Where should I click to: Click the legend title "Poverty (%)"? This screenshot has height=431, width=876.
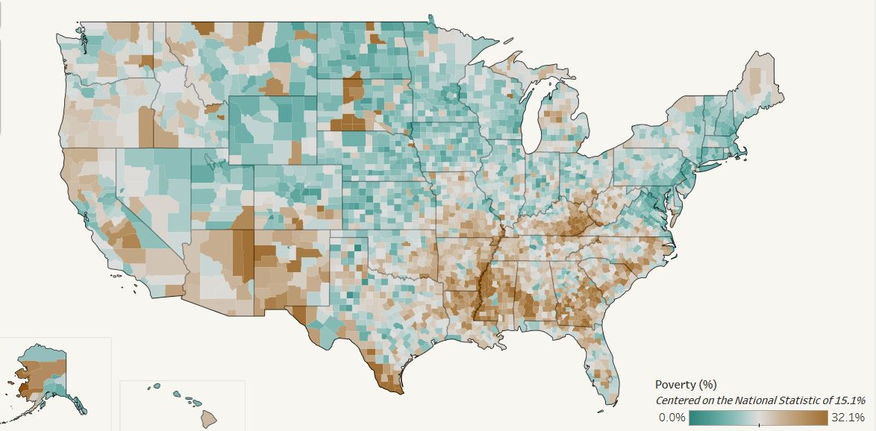point(685,385)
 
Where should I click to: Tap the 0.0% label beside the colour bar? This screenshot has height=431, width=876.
point(672,418)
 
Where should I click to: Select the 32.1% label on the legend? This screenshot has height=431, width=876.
point(848,418)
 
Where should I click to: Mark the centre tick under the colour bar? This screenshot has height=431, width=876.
point(759,424)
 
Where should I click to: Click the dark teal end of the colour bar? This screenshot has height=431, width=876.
point(694,417)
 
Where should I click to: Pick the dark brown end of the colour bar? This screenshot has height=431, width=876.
point(823,417)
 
